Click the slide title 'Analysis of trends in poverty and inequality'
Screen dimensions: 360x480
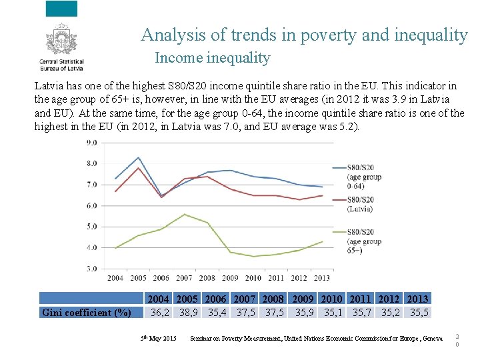pos(304,35)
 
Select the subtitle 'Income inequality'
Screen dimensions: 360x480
pos(212,58)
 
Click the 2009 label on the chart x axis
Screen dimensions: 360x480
pos(229,278)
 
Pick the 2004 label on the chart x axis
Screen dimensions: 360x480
pos(115,278)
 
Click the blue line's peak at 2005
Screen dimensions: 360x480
pos(138,157)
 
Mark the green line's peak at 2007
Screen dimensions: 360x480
pos(184,215)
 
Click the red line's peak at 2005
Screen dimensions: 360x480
pos(138,168)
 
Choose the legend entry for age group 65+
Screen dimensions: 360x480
pos(363,241)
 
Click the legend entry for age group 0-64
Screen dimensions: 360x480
pos(363,177)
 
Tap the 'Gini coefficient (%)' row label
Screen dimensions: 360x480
pos(86,313)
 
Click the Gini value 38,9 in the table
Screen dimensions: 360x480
pos(187,312)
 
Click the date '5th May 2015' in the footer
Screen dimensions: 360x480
pos(158,339)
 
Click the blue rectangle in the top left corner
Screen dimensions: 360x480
pos(61,9)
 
